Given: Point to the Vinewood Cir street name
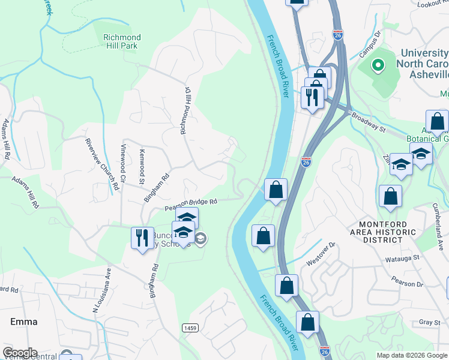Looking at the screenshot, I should point(123,163).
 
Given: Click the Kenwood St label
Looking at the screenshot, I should point(142,167).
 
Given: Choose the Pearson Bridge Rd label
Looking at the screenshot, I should point(190,205).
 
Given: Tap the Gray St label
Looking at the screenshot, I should point(430,322).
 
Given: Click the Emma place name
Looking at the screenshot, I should point(24,322).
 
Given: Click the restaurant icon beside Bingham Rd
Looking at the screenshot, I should point(142,238).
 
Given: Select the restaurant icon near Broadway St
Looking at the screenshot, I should point(312,97).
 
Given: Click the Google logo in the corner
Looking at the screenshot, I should point(20,353).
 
